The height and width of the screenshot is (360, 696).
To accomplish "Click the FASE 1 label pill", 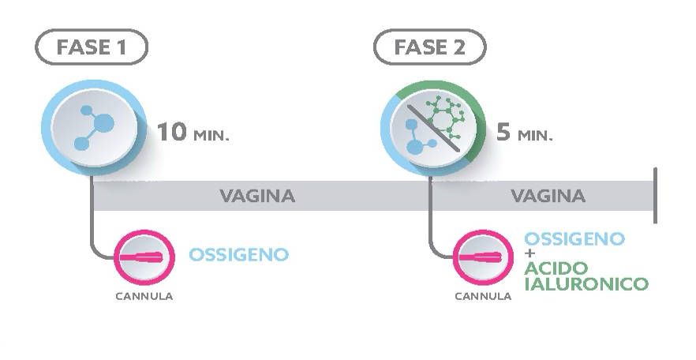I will point(92,47).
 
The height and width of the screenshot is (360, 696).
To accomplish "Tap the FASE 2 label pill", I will point(429,47).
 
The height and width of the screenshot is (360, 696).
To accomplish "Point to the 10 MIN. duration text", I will point(193,131).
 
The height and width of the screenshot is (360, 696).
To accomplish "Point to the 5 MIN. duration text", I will point(524,131).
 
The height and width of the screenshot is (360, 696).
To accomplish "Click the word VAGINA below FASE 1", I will point(257,196).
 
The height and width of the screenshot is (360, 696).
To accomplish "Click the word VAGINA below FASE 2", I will point(548,196).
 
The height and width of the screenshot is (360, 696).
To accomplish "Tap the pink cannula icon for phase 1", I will point(143,257).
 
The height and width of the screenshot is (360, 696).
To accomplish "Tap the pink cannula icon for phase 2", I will point(482,258).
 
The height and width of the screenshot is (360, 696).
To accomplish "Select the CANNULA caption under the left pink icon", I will point(143,297).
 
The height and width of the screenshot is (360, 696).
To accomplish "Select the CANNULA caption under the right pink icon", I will point(482,297).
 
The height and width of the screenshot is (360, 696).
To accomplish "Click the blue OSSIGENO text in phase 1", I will point(238,255).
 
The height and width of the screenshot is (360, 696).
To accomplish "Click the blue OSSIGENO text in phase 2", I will point(574,238).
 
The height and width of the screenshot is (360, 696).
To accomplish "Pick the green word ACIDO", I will point(553,269).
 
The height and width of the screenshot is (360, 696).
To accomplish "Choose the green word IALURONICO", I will point(586,283).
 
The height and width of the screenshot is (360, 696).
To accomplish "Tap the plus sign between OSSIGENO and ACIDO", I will point(530,253).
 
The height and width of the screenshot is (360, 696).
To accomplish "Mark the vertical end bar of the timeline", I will point(655,195).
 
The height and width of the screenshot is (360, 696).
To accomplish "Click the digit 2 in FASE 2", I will point(459,47).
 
